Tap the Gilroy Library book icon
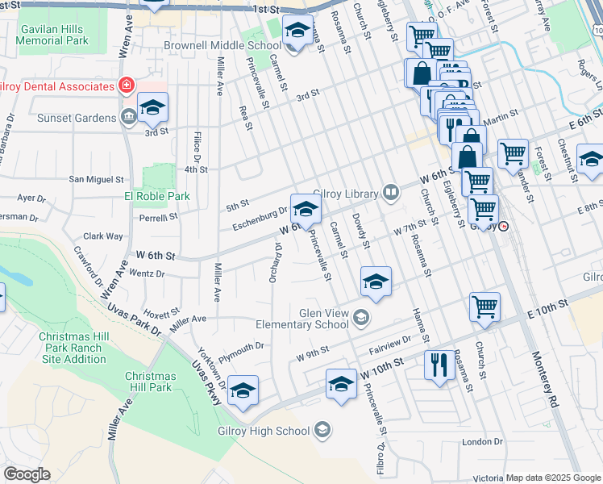pyautogui.click(x=391, y=192)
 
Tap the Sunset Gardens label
pyautogui.click(x=77, y=118)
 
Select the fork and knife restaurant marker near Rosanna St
pyautogui.click(x=439, y=364)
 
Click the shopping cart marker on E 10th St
pyautogui.click(x=484, y=307)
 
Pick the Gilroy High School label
pyautogui.click(x=264, y=431)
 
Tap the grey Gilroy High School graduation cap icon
pyautogui.click(x=323, y=428)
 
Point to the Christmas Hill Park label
pyautogui.click(x=151, y=382)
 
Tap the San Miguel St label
pyautogui.click(x=97, y=179)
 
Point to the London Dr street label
pyautogui.click(x=482, y=442)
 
